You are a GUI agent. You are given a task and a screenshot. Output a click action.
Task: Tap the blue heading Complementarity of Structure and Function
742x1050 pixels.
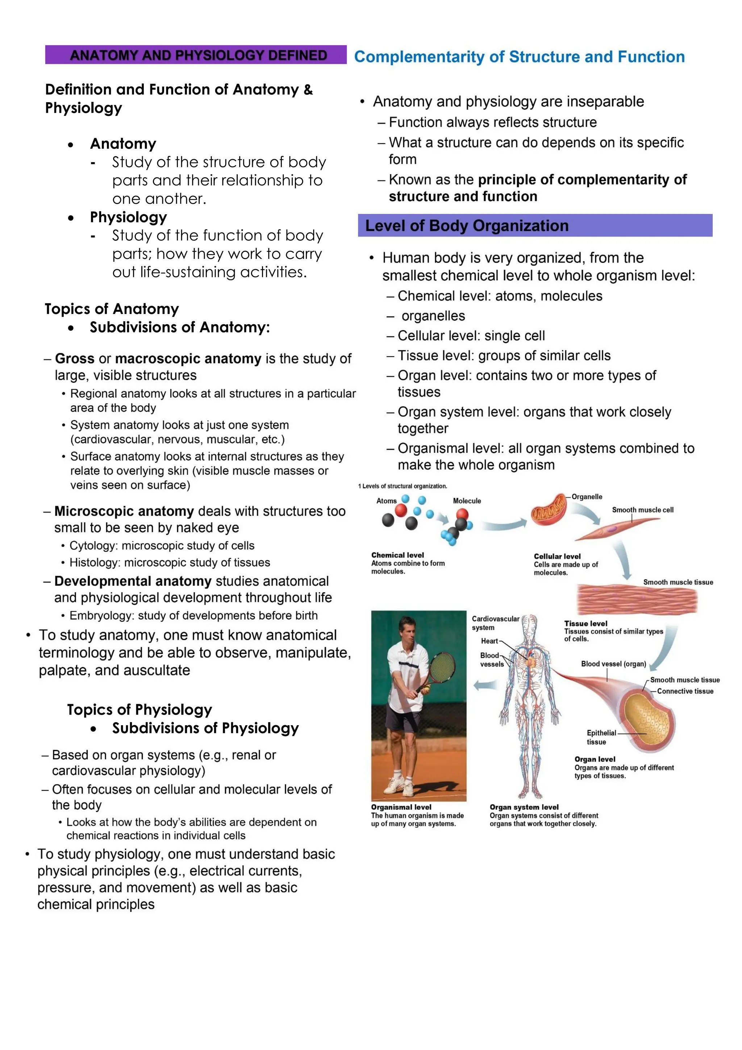coord(520,57)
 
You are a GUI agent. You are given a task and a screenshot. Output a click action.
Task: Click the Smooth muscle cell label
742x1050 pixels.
coord(642,510)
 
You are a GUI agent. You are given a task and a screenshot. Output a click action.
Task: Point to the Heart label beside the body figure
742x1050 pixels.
coord(489,641)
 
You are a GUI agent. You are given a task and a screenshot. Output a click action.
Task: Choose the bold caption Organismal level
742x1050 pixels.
coord(401,807)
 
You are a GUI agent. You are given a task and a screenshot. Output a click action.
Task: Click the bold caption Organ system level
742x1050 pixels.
coord(524,807)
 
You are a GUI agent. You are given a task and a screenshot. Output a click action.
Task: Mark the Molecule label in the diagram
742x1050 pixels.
coord(467,501)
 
